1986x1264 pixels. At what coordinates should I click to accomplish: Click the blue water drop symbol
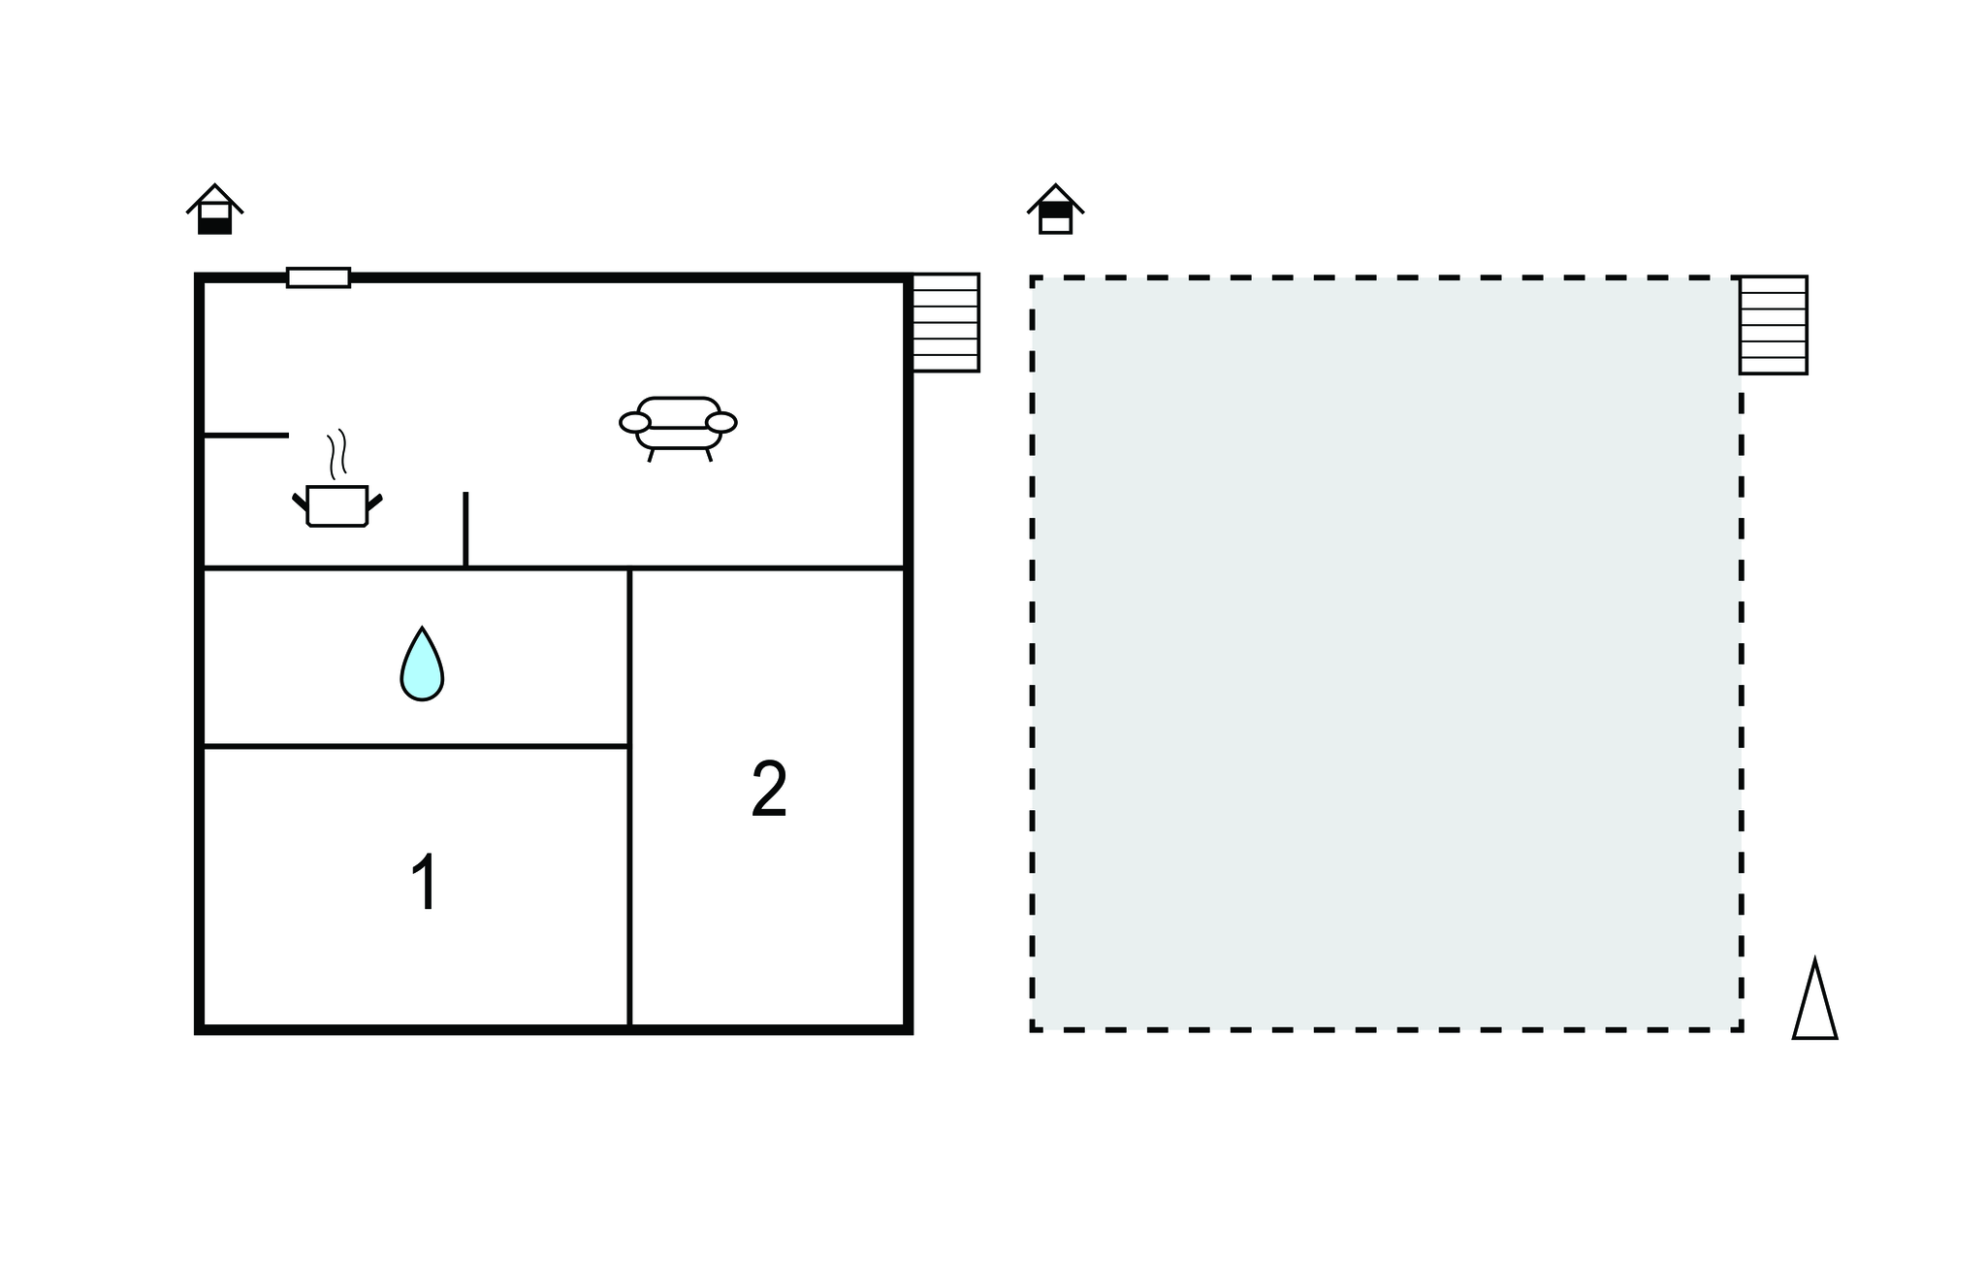click(422, 664)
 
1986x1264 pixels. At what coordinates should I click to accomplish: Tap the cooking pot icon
click(337, 504)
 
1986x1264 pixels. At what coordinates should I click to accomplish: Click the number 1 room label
click(425, 882)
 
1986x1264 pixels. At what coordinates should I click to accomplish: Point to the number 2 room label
click(769, 790)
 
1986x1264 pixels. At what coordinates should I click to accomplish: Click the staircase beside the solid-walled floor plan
click(945, 322)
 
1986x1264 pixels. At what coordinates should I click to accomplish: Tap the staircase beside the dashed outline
click(1773, 325)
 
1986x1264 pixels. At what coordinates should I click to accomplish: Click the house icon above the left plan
click(214, 210)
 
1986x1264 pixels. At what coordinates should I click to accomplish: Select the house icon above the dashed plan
click(1055, 210)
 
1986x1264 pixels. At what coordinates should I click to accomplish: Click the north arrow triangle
click(1814, 999)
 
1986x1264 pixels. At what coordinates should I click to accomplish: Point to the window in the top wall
click(318, 277)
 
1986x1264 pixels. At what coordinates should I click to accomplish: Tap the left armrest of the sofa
click(634, 422)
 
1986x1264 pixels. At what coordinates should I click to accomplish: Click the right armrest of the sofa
click(721, 422)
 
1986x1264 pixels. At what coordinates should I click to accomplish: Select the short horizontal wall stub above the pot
click(246, 436)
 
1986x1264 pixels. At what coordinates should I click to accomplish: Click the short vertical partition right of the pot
click(465, 529)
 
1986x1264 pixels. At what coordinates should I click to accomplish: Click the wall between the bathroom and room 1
click(415, 746)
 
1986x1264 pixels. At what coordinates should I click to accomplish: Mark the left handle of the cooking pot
click(300, 502)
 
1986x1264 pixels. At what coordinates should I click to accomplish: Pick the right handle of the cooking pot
click(374, 502)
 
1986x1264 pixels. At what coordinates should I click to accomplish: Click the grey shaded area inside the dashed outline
click(1387, 653)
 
